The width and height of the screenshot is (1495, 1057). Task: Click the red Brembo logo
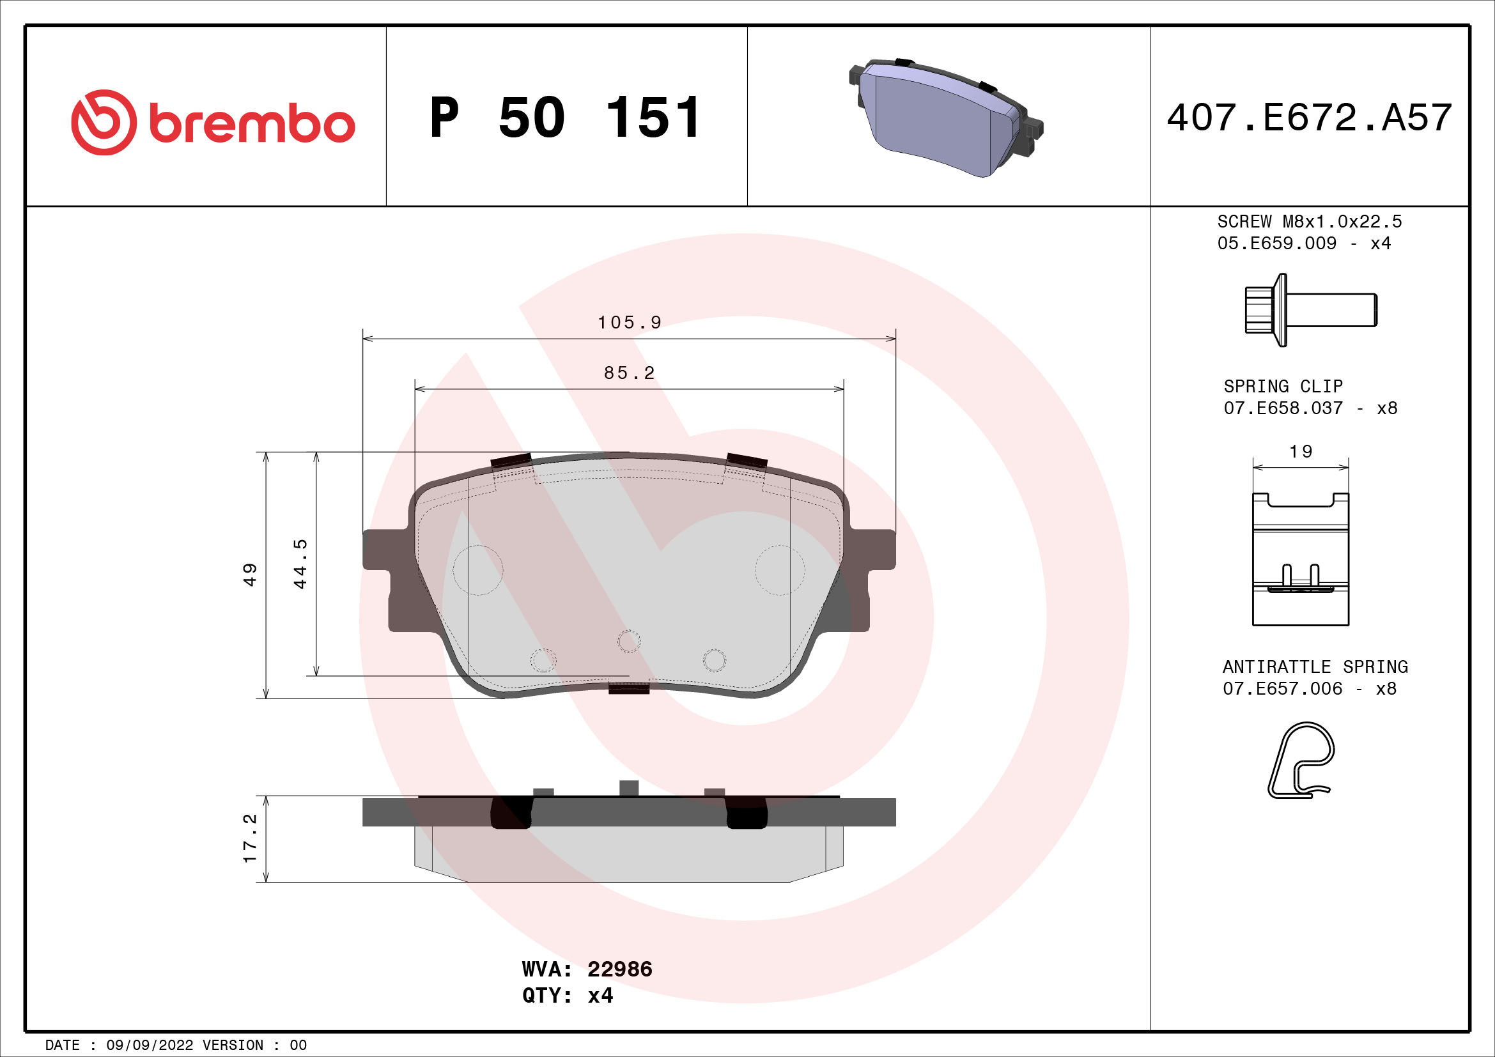click(213, 122)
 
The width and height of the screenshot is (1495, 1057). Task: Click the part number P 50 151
click(565, 118)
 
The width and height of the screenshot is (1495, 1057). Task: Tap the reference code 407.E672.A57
click(1309, 117)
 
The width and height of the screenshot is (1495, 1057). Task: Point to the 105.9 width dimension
click(629, 322)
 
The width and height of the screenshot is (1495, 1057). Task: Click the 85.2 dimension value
click(629, 373)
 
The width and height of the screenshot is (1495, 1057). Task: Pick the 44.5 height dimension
click(300, 564)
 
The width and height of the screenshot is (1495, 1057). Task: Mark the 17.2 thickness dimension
click(250, 838)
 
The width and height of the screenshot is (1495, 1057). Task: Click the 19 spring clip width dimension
click(1300, 451)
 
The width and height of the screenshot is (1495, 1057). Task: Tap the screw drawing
click(1311, 310)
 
